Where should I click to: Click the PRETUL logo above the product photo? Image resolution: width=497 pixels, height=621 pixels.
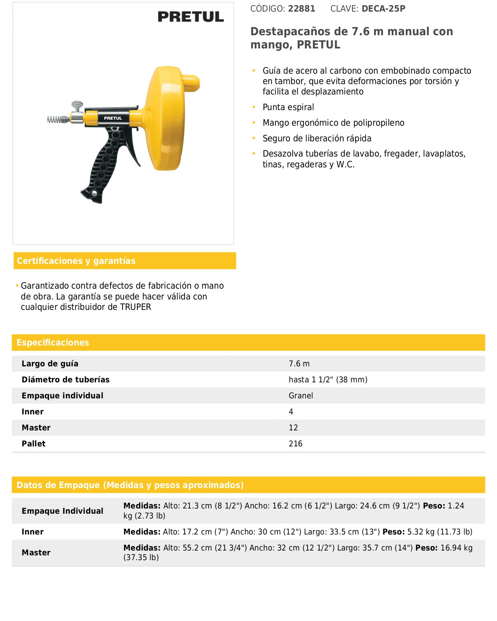click(191, 16)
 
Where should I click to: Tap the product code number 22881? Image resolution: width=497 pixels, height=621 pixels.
click(302, 8)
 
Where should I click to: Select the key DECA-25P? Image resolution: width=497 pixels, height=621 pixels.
click(383, 8)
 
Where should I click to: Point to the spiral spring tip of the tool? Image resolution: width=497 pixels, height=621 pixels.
click(58, 119)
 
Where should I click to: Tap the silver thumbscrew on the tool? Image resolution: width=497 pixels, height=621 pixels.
click(77, 106)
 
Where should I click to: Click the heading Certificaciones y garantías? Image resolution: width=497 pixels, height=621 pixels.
click(76, 261)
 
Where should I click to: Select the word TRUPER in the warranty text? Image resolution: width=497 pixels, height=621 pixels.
click(135, 307)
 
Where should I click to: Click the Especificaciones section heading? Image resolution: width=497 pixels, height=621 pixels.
click(53, 342)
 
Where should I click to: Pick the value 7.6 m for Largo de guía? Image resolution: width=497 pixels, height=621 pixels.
click(299, 364)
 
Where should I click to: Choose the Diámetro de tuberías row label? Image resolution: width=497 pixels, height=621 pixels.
click(66, 380)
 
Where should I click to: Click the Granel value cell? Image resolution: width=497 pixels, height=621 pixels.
click(301, 396)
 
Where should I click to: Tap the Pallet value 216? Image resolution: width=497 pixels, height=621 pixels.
click(296, 444)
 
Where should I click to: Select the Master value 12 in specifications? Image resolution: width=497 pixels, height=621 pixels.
click(293, 428)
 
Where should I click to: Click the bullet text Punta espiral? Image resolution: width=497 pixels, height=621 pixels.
click(288, 107)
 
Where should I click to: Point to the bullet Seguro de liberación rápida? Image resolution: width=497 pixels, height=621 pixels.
click(317, 138)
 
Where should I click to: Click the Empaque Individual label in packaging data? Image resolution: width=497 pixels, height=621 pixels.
click(62, 511)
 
